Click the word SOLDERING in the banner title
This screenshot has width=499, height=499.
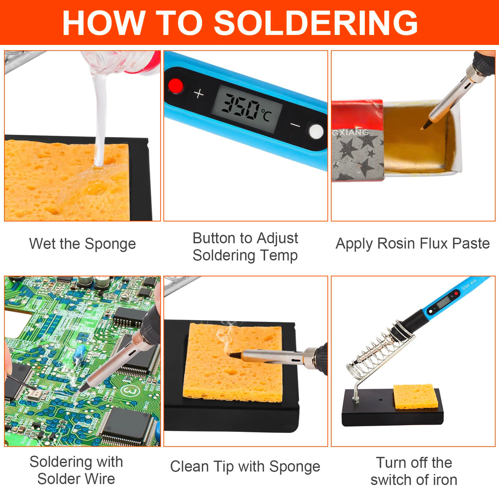coord(316,23)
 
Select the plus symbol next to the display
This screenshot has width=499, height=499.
coord(199,94)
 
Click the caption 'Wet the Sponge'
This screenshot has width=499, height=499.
coord(82,244)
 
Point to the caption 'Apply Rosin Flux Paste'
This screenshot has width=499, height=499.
coord(413,243)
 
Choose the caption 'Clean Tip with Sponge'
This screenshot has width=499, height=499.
coord(245,467)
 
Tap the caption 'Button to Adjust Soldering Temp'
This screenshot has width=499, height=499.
coord(245,247)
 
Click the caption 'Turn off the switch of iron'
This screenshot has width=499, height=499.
coord(414,471)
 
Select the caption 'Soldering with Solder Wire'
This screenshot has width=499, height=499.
coord(76,470)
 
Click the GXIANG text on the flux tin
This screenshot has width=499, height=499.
coord(351,132)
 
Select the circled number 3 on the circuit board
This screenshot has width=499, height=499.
coord(129,390)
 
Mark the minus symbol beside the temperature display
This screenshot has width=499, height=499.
coord(295,125)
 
